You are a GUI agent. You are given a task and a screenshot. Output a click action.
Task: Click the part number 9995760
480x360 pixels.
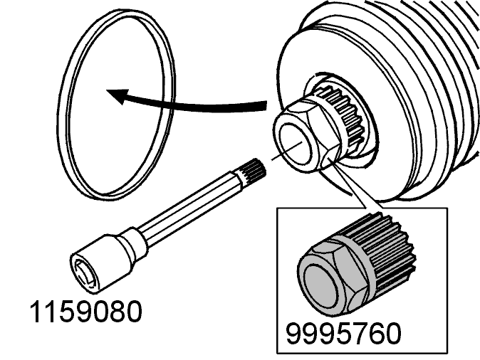[x=343, y=334]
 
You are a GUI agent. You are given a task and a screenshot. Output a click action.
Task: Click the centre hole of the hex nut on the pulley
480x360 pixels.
[x=296, y=144]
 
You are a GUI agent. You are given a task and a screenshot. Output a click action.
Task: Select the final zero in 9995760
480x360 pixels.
[x=392, y=334]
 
